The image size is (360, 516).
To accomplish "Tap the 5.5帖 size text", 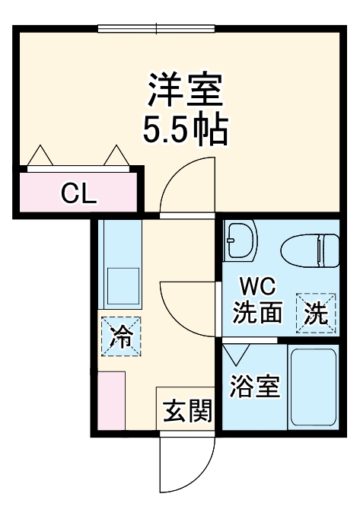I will pyautogui.click(x=185, y=131).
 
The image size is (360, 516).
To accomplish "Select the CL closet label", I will pyautogui.click(x=79, y=195).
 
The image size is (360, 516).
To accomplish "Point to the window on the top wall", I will pyautogui.click(x=158, y=30).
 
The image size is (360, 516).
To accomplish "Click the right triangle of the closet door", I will pyautogui.click(x=116, y=155).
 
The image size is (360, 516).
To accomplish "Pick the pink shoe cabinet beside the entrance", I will pyautogui.click(x=111, y=400).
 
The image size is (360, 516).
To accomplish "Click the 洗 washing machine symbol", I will pyautogui.click(x=315, y=313).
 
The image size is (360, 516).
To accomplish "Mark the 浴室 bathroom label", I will pyautogui.click(x=256, y=386).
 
